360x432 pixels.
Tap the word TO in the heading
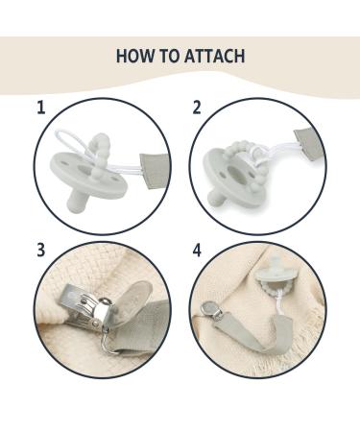[169, 56]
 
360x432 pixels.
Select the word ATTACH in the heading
[214, 56]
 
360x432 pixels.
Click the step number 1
[40, 108]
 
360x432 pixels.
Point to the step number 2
[197, 108]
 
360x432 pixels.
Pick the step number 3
[40, 250]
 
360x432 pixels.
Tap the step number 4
[197, 250]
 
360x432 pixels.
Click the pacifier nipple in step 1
[76, 201]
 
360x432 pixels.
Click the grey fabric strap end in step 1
[155, 171]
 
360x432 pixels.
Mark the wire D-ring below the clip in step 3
[110, 339]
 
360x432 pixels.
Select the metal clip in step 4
[212, 311]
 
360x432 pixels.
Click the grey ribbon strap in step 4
[252, 333]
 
